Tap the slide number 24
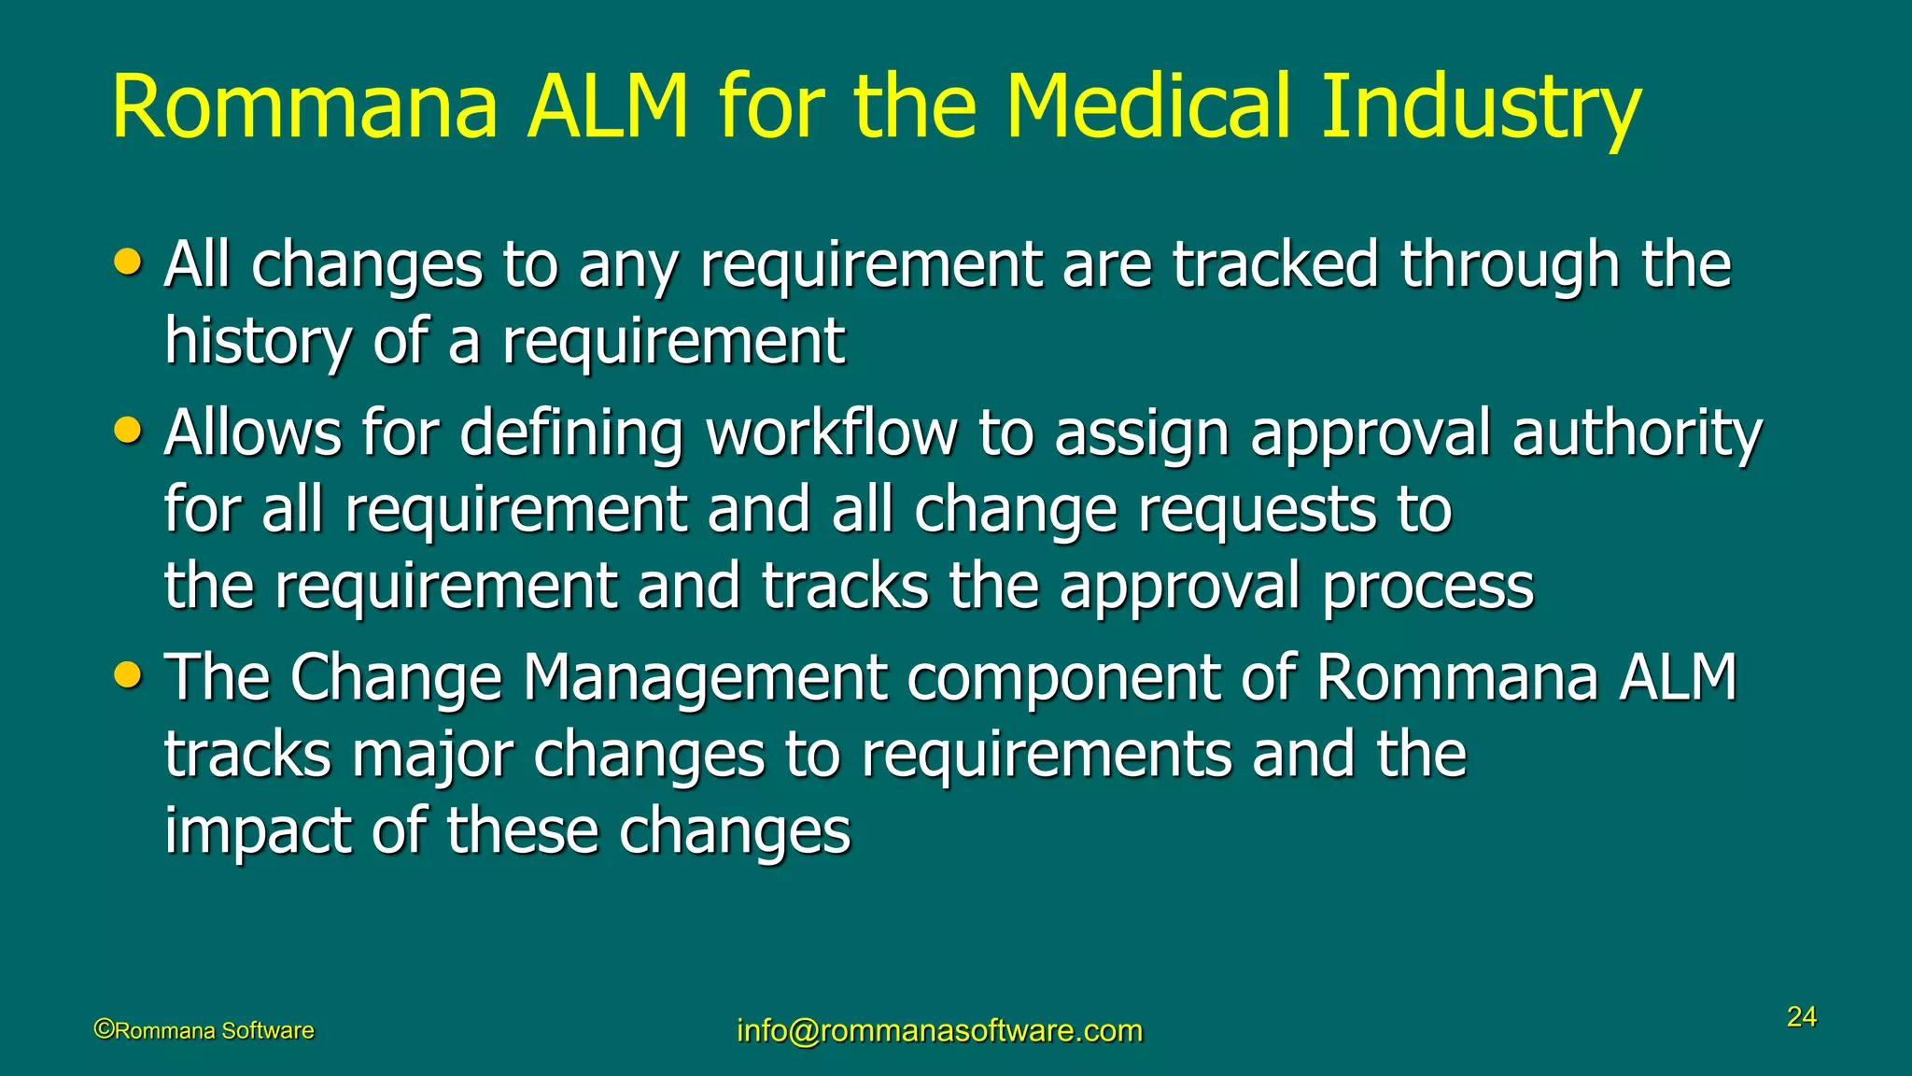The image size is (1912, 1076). (1801, 1016)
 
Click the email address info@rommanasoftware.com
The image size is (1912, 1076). (939, 1030)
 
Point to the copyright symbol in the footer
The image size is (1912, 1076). (104, 1029)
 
